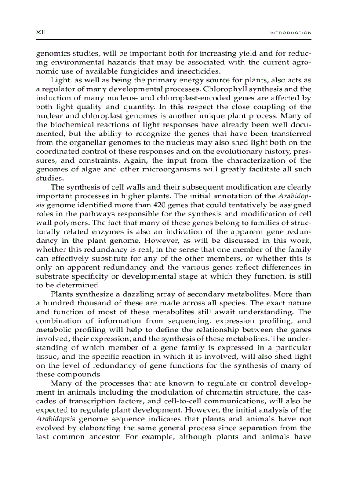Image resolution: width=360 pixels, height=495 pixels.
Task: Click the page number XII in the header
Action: (x=41, y=33)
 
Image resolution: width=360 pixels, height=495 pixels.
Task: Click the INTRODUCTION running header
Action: (x=290, y=33)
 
